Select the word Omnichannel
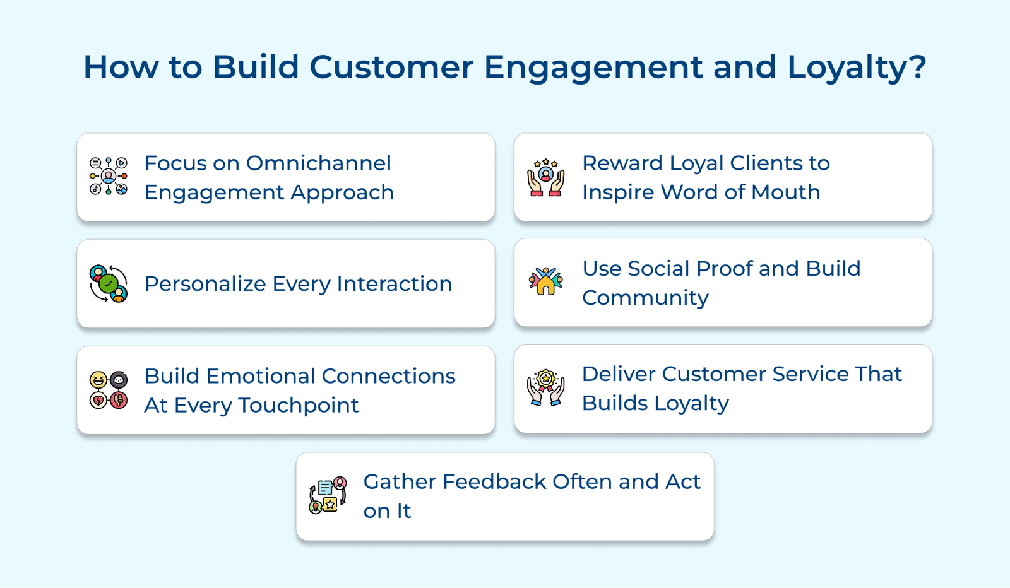(x=318, y=163)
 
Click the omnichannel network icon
(x=109, y=176)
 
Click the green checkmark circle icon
(x=109, y=283)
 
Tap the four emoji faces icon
(x=109, y=390)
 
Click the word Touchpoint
(x=298, y=405)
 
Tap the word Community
(x=645, y=298)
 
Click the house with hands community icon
(x=546, y=281)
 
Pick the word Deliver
(x=618, y=374)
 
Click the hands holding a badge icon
(x=546, y=387)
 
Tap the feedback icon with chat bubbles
(x=328, y=495)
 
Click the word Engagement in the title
(x=593, y=68)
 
